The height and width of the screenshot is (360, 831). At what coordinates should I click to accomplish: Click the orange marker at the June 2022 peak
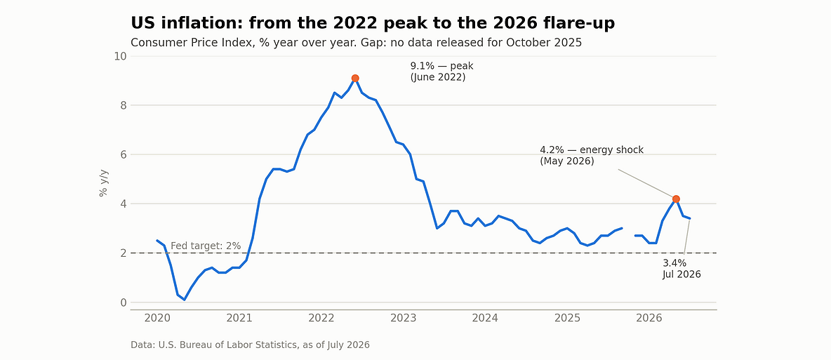pos(355,79)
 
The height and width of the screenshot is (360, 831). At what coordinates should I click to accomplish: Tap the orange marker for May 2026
pos(676,199)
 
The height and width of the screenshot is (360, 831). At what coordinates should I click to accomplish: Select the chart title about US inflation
pos(373,23)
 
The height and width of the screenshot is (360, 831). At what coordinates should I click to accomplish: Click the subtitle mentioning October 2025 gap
pos(356,42)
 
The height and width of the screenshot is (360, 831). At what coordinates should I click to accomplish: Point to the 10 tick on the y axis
pos(120,56)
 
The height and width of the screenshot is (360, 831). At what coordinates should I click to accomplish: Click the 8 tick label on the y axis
pos(124,105)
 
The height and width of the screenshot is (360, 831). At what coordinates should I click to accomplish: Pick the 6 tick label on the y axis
pos(124,155)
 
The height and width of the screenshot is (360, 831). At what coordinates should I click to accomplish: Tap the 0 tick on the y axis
pos(124,302)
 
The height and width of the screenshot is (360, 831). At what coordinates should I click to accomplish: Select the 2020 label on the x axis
pos(157,318)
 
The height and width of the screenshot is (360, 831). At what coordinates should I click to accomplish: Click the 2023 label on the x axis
pos(404,318)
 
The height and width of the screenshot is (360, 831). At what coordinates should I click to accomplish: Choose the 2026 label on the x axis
pos(649,318)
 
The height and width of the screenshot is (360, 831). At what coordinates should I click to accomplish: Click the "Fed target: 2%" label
pos(206,246)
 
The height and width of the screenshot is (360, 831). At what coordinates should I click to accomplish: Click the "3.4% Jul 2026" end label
pos(682,269)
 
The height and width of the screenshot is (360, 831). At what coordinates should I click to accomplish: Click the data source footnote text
pos(250,345)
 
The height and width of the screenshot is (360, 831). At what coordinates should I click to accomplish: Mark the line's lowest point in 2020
pos(185,300)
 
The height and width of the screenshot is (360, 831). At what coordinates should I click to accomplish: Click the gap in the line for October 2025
pos(629,232)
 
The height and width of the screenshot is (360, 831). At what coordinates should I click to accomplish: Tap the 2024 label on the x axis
pos(485,318)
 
